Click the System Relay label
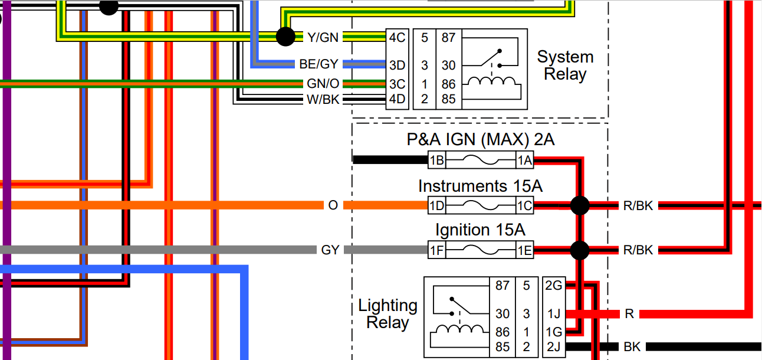tap(565, 66)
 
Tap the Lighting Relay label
tap(387, 314)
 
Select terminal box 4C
tap(397, 37)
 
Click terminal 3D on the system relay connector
tap(397, 64)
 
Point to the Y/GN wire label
tap(323, 37)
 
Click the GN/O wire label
tap(323, 84)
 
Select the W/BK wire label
tap(323, 100)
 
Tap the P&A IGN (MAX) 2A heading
tap(480, 140)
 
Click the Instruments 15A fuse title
tap(480, 186)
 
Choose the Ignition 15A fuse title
tap(480, 230)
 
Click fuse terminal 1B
tap(437, 160)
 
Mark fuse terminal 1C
tap(524, 205)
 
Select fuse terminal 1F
tap(437, 251)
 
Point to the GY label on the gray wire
tap(330, 250)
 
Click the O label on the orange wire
tap(333, 205)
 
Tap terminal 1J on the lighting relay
tap(554, 315)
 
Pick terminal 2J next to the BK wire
tap(554, 347)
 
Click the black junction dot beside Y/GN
tap(286, 37)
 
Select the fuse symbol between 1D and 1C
tap(480, 205)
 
